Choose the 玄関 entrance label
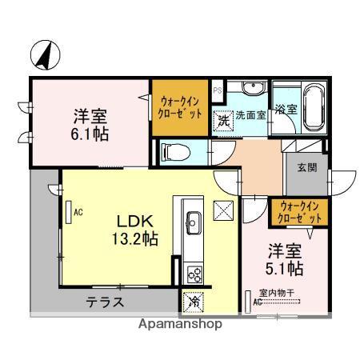tap(306, 167)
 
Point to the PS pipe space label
tap(218, 91)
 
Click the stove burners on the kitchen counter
tap(194, 273)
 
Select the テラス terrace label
tap(106, 302)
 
